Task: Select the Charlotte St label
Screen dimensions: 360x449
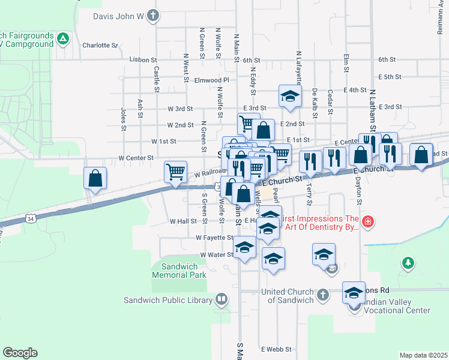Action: pyautogui.click(x=101, y=45)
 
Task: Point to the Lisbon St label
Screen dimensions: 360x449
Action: pyautogui.click(x=143, y=60)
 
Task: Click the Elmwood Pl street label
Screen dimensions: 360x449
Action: pyautogui.click(x=212, y=80)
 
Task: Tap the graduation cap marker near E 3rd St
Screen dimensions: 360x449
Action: pyautogui.click(x=289, y=97)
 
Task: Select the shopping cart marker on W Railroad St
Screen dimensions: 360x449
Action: pyautogui.click(x=175, y=172)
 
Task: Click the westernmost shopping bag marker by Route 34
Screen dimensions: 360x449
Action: pyautogui.click(x=95, y=178)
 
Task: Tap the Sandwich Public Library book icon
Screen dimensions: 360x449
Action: pyautogui.click(x=221, y=299)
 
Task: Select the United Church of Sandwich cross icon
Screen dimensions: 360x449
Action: pyautogui.click(x=322, y=295)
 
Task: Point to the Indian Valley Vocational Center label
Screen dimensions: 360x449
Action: pyautogui.click(x=391, y=306)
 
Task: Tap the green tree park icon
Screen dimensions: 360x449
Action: pyautogui.click(x=408, y=263)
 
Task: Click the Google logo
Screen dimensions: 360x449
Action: pyautogui.click(x=20, y=352)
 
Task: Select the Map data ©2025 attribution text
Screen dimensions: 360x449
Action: pyautogui.click(x=423, y=355)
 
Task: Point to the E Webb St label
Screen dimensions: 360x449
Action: pyautogui.click(x=276, y=349)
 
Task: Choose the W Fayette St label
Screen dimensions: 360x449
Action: pyautogui.click(x=214, y=238)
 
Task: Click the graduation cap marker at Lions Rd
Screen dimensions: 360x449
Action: pyautogui.click(x=354, y=293)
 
